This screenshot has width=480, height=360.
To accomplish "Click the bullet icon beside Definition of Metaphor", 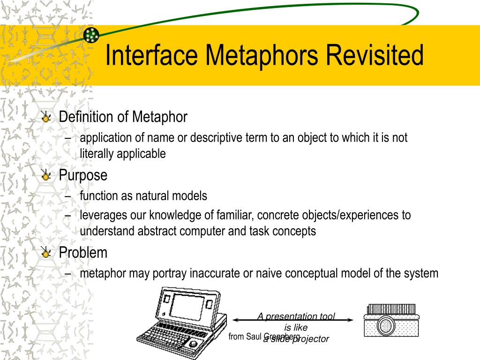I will tap(46, 118).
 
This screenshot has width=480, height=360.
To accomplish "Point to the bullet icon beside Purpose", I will tap(46, 176).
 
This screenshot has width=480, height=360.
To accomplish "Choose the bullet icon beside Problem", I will tap(46, 254).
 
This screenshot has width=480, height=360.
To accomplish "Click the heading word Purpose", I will tap(83, 175).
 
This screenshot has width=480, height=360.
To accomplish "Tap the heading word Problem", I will tap(83, 253).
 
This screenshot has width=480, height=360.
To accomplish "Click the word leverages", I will tap(100, 215).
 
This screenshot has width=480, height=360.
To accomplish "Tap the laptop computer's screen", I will tap(187, 304).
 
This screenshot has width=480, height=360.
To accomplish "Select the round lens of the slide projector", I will tap(387, 325).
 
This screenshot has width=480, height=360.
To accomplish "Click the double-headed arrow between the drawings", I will tap(293, 320).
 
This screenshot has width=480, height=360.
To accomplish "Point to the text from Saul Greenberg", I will tap(264, 337).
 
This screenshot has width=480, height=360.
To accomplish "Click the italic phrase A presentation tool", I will tap(296, 316).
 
